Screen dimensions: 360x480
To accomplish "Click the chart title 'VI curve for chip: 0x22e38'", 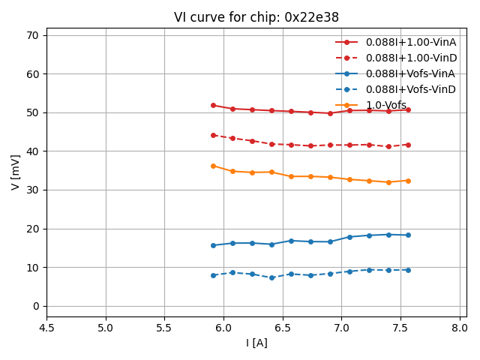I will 256,17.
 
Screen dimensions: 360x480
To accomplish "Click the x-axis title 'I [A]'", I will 256,343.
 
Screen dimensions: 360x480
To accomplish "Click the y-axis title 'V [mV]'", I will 16,172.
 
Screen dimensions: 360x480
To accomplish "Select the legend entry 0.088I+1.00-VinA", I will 411,42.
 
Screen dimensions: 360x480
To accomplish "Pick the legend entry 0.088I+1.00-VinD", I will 411,58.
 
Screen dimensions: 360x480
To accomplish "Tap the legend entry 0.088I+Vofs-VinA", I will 411,73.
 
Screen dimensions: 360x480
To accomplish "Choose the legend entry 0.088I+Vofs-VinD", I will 411,89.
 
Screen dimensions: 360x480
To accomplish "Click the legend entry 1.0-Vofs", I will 386,105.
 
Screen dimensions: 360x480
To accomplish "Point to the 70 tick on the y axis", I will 33,35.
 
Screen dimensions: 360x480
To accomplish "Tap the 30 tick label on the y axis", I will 33,190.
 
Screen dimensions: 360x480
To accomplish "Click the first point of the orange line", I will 213,166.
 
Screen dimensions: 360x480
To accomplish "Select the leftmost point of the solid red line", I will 213,105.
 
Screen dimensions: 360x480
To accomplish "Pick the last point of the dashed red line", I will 408,145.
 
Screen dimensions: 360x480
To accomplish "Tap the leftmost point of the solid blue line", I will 213,245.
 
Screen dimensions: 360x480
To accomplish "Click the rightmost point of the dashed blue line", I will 408,270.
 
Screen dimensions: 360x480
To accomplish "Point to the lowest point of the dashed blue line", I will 271,277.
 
